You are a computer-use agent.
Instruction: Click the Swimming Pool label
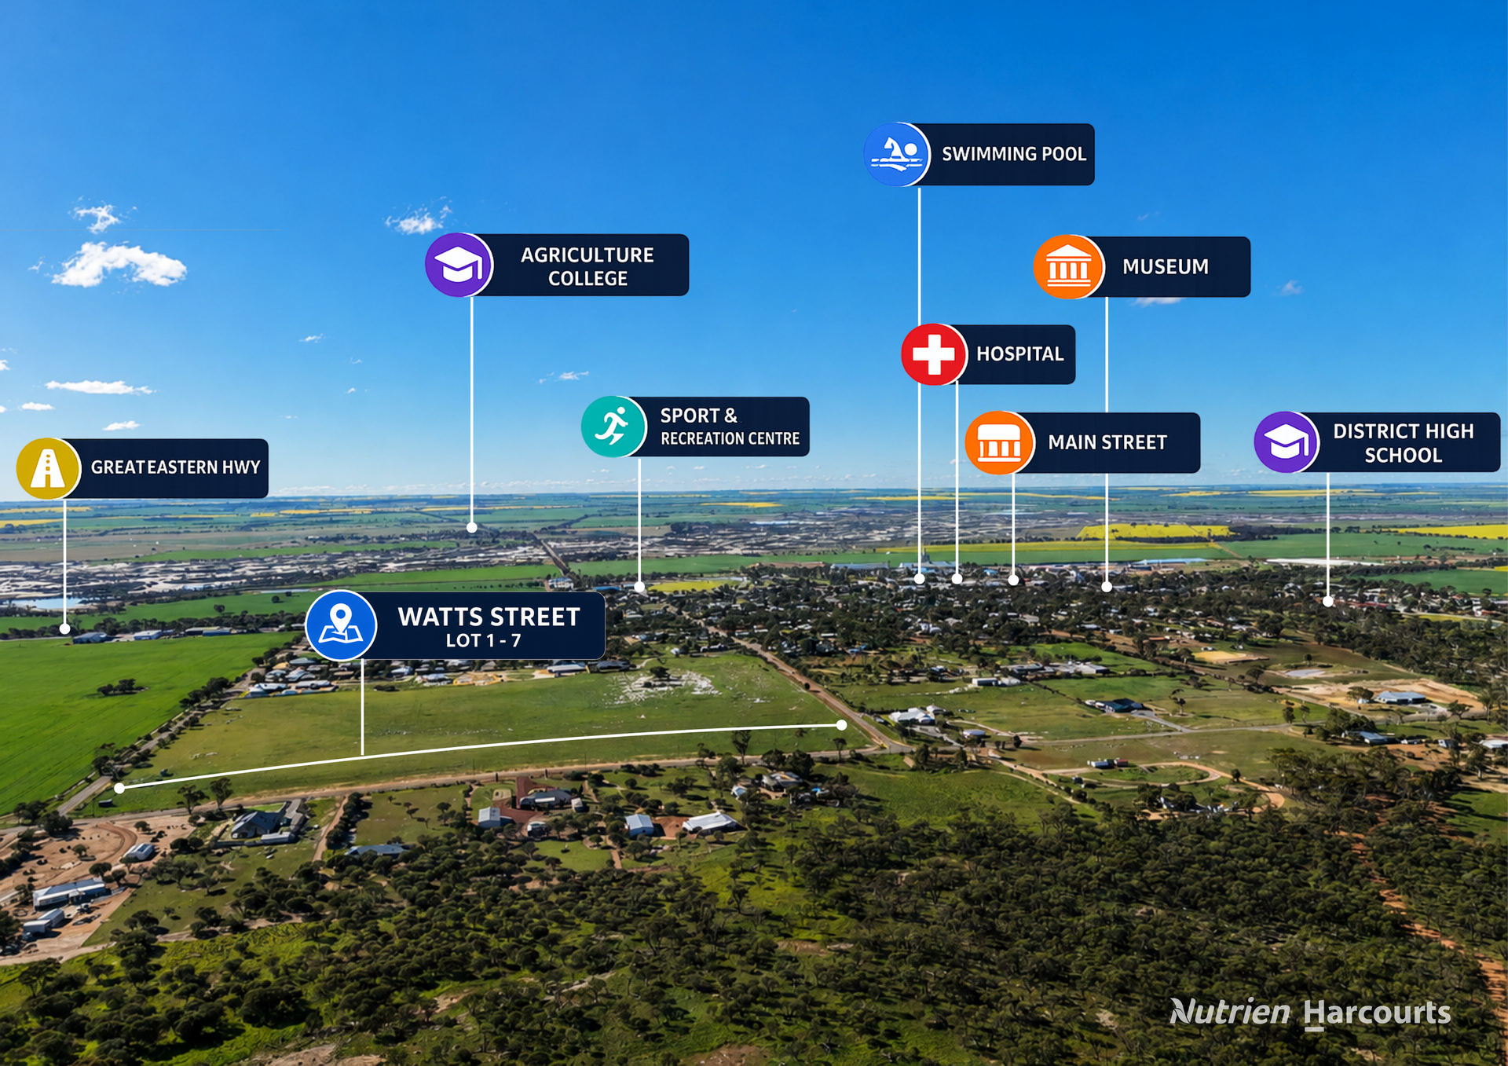(x=1014, y=154)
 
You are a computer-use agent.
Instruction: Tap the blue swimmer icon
(x=897, y=154)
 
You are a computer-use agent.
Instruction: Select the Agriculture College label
(x=587, y=266)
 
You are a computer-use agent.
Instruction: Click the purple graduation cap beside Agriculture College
(x=459, y=265)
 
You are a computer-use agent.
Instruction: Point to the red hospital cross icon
(x=934, y=354)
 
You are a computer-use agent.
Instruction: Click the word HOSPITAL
(x=1020, y=354)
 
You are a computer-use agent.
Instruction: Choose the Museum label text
(x=1166, y=267)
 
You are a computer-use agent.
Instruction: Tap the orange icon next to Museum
(x=1068, y=267)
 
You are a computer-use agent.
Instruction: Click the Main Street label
(x=1107, y=443)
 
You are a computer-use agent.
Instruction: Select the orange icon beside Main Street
(x=999, y=443)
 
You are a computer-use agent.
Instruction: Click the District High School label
(x=1404, y=443)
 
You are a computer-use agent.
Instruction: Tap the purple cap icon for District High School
(x=1287, y=442)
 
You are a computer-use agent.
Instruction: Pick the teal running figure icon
(x=613, y=427)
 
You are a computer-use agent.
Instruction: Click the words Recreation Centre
(x=730, y=438)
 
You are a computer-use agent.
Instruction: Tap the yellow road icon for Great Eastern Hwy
(x=49, y=469)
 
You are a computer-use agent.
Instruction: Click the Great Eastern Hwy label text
(x=175, y=467)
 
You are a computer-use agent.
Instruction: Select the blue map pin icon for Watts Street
(x=341, y=625)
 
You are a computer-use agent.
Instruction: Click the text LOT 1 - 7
(x=483, y=641)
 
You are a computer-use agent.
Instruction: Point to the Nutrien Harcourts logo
(x=1310, y=1013)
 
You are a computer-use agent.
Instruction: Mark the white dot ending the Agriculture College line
(x=472, y=528)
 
